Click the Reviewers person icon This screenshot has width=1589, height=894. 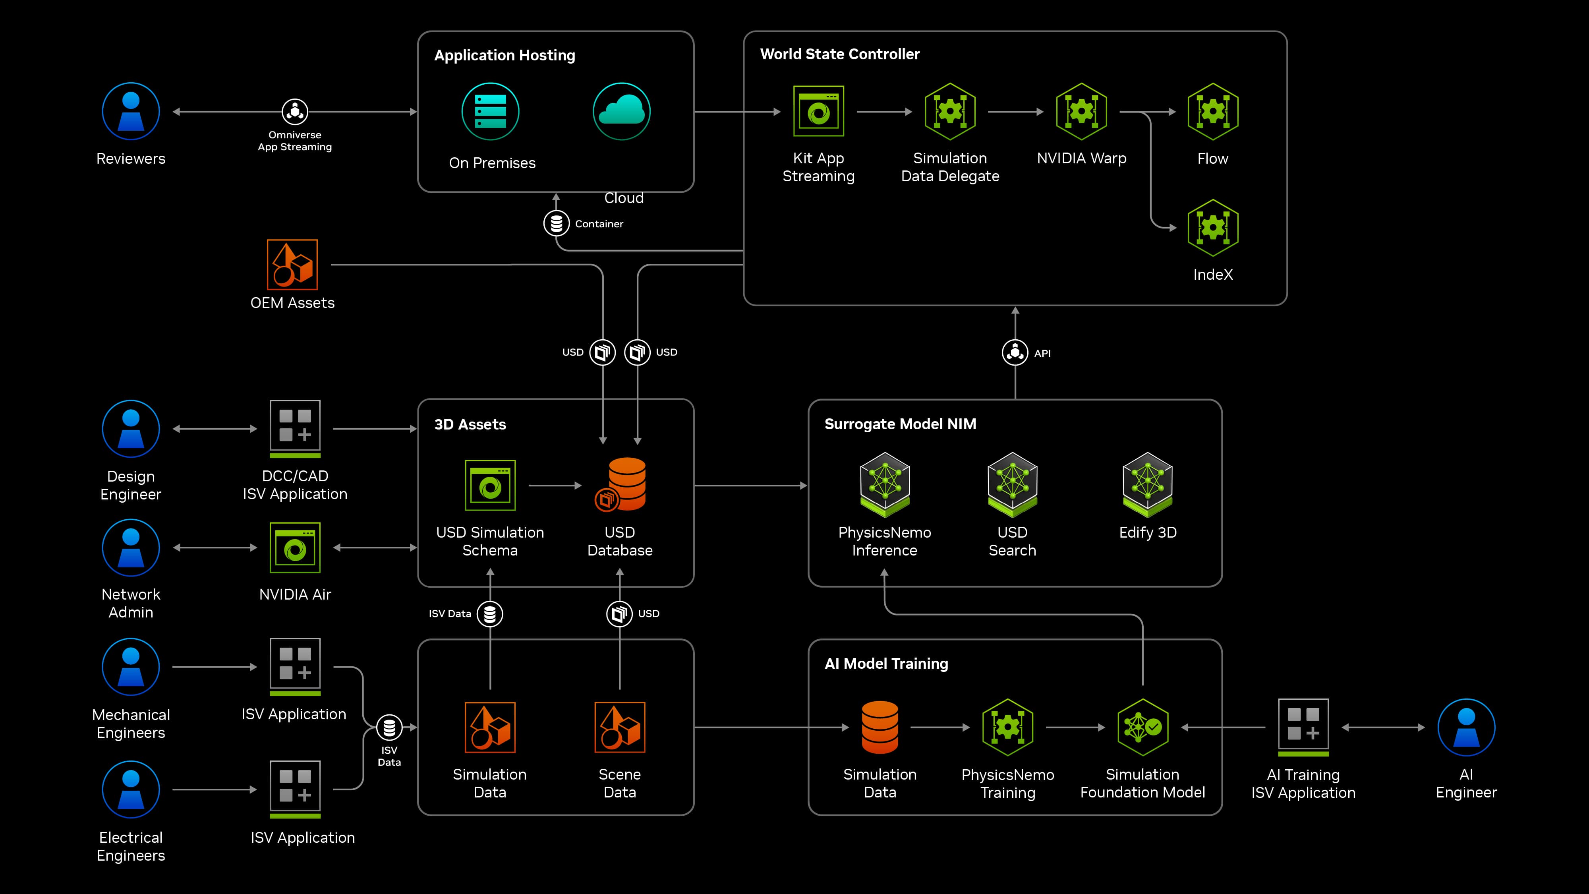tap(131, 112)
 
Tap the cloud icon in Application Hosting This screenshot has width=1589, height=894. tap(621, 112)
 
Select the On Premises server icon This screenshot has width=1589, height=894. tap(490, 112)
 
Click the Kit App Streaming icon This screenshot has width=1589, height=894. tap(819, 112)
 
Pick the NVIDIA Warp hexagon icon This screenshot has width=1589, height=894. tap(1081, 112)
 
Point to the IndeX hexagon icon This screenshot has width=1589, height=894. tap(1213, 228)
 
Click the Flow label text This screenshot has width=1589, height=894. tap(1213, 159)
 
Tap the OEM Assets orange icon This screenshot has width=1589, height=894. tap(292, 265)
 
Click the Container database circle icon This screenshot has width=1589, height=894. tap(556, 223)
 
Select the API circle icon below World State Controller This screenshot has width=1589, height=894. tap(1015, 352)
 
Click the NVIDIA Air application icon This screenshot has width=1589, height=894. tap(295, 548)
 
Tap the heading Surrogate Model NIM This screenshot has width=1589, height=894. tap(900, 424)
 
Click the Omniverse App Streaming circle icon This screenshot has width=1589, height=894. tap(295, 112)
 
